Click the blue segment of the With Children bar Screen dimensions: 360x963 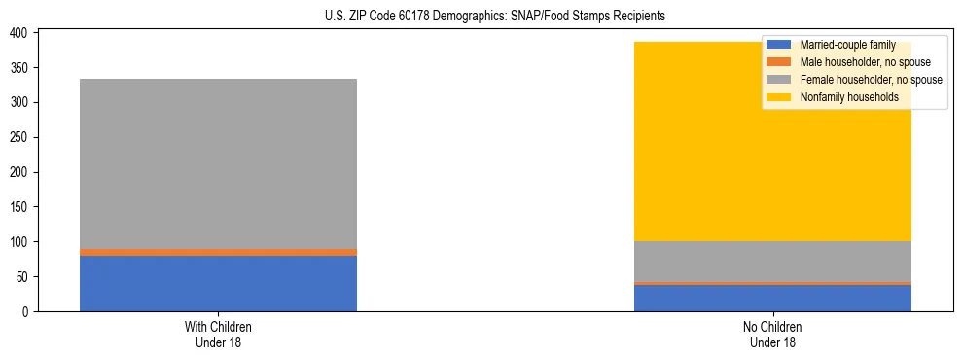pos(218,283)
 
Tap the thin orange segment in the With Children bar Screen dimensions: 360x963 pos(218,252)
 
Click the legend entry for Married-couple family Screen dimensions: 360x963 pos(847,45)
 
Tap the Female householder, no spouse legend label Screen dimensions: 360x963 pos(871,80)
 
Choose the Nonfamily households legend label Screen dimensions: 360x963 pos(849,97)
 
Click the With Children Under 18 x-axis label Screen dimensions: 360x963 pos(218,334)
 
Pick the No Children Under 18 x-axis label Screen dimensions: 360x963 pos(772,334)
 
